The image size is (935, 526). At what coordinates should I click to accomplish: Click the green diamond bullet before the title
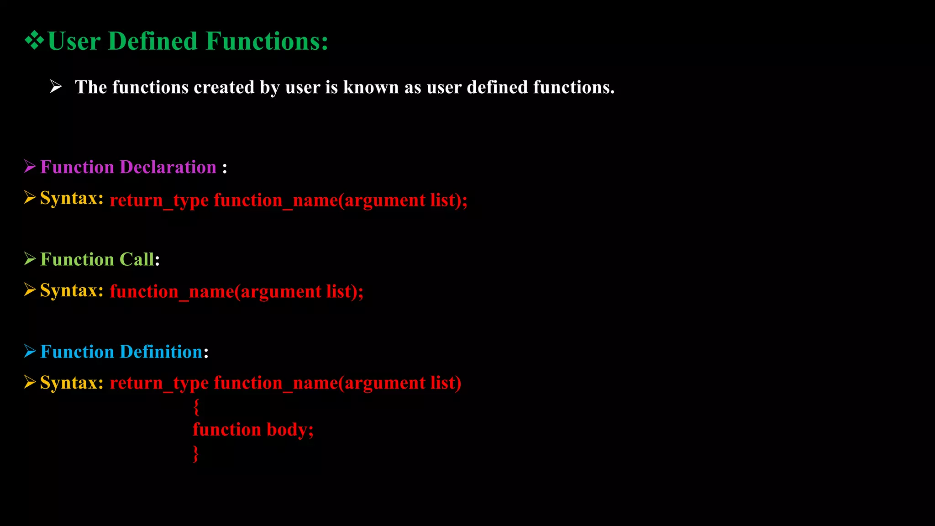coord(34,41)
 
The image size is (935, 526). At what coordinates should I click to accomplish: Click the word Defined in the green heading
coord(153,41)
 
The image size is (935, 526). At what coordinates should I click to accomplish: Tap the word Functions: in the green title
coord(267,41)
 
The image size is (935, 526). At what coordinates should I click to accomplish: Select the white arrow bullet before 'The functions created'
coord(56,86)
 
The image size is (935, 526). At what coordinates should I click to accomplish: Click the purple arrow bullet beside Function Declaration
coord(30,167)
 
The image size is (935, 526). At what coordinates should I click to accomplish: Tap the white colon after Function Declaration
coord(225,168)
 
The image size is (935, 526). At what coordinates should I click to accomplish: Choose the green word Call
coord(137,259)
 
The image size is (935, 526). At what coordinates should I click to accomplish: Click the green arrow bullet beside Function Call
coord(30,259)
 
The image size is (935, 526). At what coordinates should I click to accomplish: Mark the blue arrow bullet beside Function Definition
coord(30,351)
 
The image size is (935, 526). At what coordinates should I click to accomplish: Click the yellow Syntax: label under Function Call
coord(72,290)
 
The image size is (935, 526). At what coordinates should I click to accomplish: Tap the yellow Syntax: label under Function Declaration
coord(72,198)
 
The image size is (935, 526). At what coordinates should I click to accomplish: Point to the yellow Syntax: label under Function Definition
coord(72,383)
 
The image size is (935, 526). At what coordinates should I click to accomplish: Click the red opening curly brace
coord(196,406)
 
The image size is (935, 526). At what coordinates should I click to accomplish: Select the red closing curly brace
coord(196,453)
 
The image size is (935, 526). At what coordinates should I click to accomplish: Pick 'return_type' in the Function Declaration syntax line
coord(159,200)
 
